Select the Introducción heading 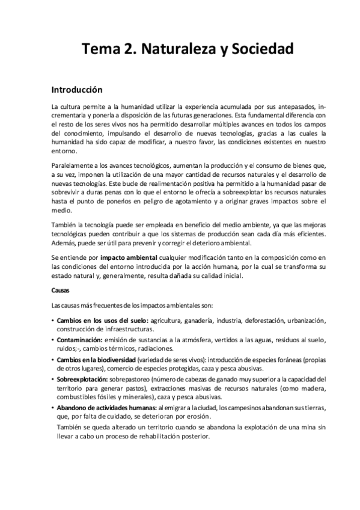pos(78,90)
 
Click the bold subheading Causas pos(61,290)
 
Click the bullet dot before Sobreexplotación pos(53,379)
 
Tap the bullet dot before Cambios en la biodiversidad pos(53,360)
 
